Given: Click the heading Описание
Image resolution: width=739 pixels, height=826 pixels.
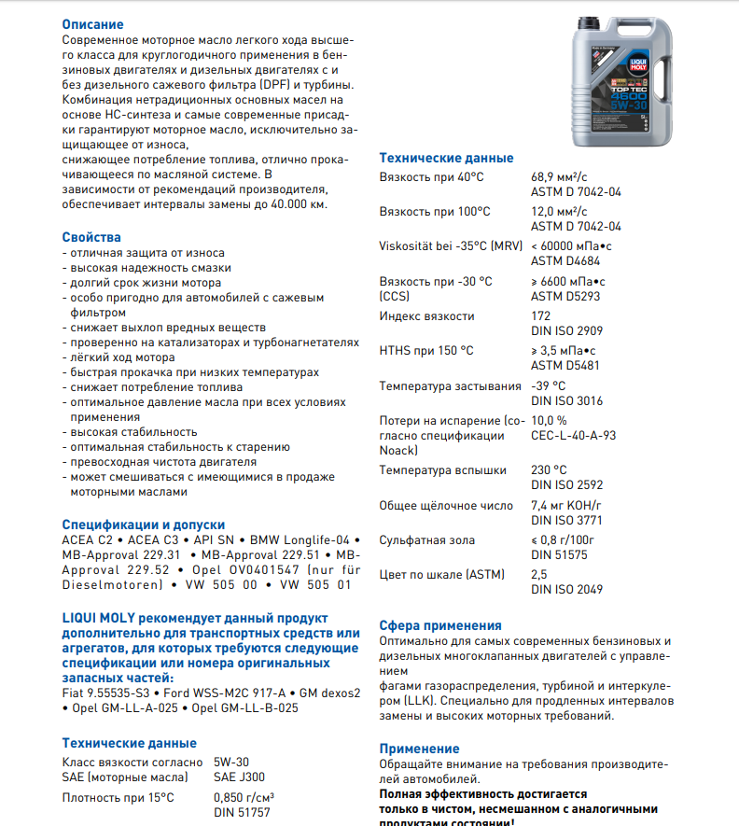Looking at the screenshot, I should point(92,24).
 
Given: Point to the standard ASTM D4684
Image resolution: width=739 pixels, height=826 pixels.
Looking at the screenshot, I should point(566,261).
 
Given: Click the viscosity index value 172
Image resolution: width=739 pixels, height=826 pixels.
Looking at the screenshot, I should point(540,316).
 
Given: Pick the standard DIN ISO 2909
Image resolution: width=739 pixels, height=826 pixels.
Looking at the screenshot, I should point(567,331).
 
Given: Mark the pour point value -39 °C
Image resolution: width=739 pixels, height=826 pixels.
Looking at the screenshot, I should point(549,385).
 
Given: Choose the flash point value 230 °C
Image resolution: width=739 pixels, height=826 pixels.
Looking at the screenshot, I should point(550,470).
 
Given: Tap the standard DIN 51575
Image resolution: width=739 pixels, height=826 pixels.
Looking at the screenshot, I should point(561,554).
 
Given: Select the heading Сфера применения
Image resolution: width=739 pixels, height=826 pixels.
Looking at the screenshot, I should point(440,625).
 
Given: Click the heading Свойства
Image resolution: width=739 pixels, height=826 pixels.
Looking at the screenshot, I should point(91,237).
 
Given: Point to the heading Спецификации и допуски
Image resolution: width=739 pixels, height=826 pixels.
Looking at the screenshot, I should point(144,525).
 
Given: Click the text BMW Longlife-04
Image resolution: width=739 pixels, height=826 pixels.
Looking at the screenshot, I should point(304,540).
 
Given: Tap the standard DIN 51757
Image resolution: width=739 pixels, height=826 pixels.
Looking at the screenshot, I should point(242,813).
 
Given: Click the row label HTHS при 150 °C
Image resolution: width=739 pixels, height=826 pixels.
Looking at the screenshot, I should point(426,351).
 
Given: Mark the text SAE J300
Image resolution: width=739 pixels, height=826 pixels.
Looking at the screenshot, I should point(239,777).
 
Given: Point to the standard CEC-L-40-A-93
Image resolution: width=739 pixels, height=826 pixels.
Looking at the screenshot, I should point(574,436).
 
